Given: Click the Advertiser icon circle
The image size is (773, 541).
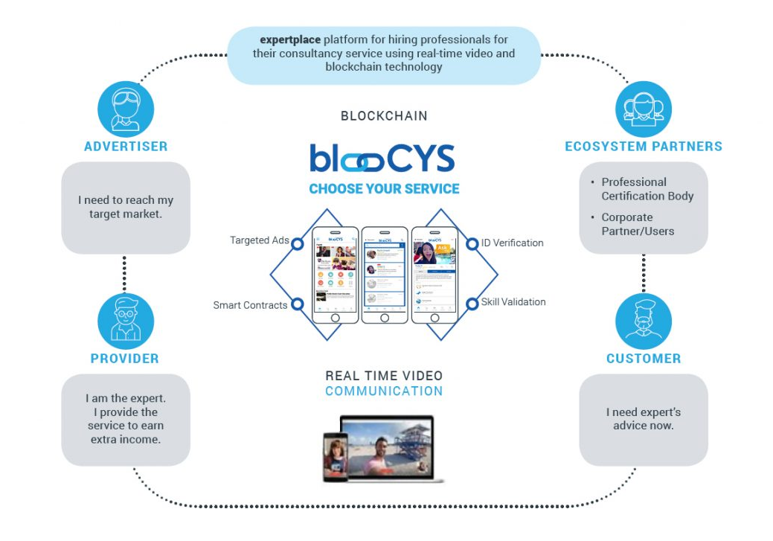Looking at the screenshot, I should [126, 109].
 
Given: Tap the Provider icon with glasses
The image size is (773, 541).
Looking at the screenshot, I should [126, 321].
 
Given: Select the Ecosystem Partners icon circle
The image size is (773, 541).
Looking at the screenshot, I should [644, 109].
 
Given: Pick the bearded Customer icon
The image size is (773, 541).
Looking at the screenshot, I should [644, 321].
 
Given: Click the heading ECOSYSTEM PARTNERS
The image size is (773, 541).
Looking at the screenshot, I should [644, 147].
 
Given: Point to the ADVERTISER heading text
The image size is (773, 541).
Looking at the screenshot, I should [126, 147].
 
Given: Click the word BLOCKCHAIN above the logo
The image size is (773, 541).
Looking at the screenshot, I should [384, 116].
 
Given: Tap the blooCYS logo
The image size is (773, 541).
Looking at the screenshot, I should [382, 158].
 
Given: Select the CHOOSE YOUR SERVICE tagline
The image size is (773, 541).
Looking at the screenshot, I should [384, 189].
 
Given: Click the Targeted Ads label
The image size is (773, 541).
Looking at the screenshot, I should [259, 240].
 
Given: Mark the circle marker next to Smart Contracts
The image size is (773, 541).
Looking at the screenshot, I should [297, 304].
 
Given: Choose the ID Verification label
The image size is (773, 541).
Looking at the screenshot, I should [512, 243].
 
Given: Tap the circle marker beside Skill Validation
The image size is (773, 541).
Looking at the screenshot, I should [472, 303].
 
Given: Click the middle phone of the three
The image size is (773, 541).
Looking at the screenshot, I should [385, 274].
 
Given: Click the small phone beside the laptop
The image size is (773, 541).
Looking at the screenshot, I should [335, 455].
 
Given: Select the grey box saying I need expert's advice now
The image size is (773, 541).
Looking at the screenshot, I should [644, 419].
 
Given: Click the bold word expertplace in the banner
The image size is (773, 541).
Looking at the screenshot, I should [289, 39].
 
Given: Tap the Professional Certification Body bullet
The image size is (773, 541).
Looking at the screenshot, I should [647, 189].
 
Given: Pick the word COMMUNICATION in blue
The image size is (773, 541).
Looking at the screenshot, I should [384, 391].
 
